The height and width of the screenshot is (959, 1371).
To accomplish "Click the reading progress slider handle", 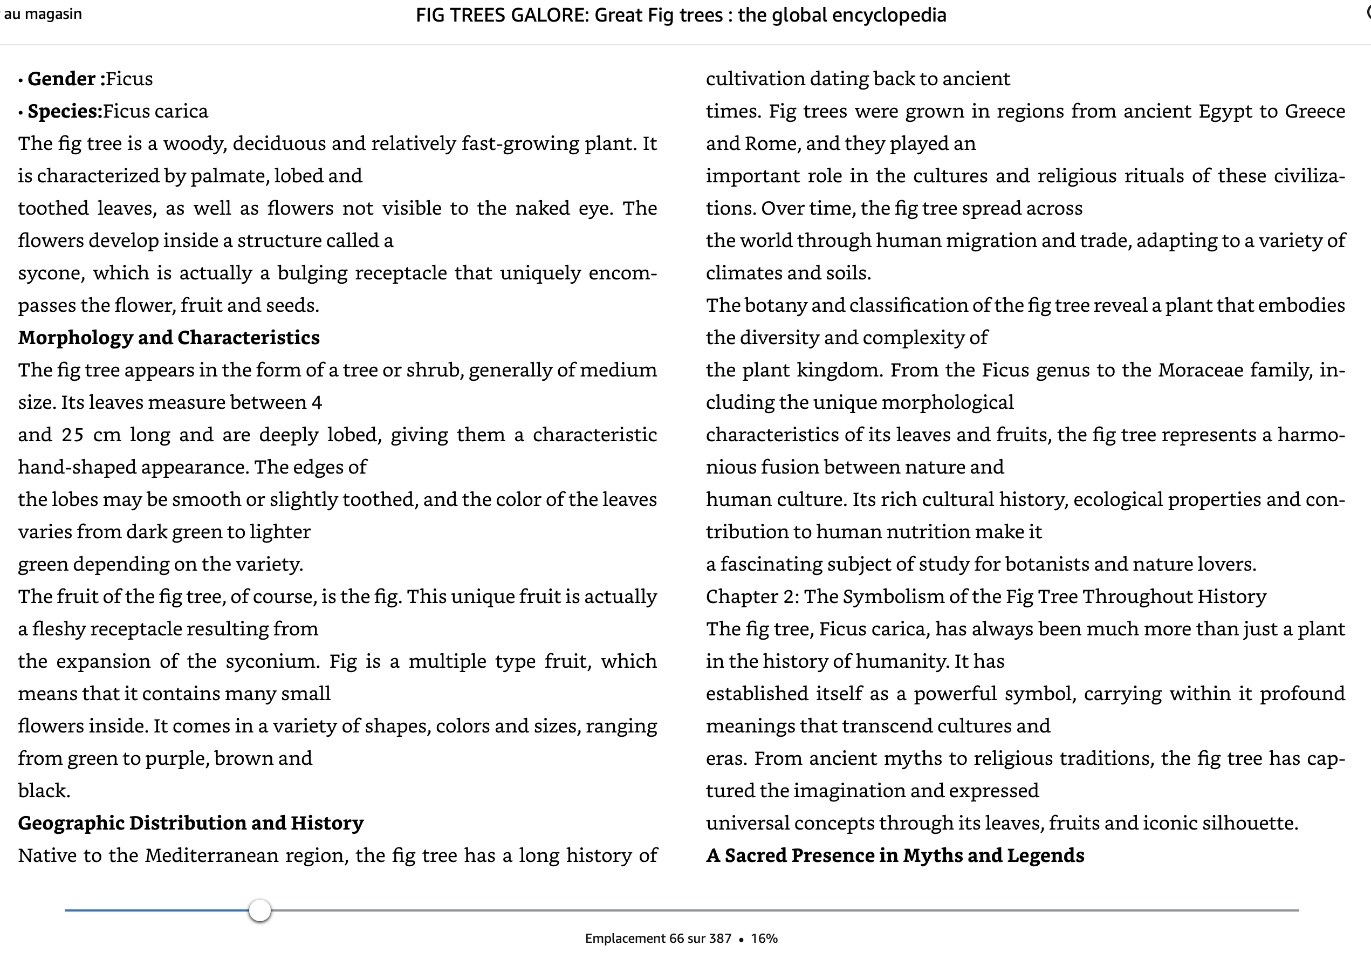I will (x=260, y=910).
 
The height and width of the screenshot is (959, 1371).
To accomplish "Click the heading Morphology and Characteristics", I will (x=169, y=338).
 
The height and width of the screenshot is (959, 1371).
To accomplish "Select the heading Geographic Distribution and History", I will (x=190, y=824).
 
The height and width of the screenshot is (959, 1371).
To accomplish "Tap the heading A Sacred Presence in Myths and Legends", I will (x=894, y=855).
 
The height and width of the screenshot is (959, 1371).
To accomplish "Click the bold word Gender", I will (x=61, y=79).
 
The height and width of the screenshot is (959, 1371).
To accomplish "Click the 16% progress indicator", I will (x=764, y=939).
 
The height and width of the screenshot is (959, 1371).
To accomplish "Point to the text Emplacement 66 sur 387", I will (x=658, y=939).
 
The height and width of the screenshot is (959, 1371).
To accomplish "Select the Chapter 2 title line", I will (x=986, y=597).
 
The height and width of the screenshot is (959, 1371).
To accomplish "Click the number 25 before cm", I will (x=72, y=435).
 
